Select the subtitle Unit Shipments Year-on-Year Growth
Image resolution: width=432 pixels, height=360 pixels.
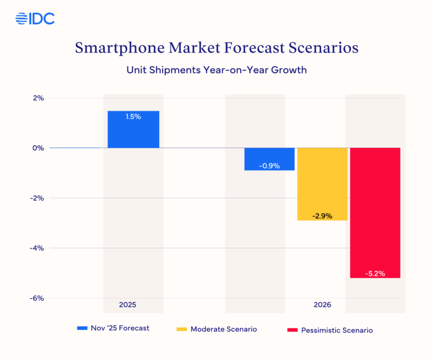tap(216, 70)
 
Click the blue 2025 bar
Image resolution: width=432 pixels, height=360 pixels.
tap(133, 129)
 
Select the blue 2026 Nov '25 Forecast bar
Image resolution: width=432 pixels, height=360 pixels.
tap(269, 159)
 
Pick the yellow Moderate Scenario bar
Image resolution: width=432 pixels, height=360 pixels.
tap(322, 184)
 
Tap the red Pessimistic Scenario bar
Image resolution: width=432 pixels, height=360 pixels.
tap(375, 212)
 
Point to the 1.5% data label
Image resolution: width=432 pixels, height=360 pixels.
tap(133, 116)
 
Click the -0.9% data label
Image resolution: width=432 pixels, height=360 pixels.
tap(269, 166)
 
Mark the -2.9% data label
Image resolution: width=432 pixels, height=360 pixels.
tap(322, 216)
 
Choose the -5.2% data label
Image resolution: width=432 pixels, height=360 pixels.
tap(375, 274)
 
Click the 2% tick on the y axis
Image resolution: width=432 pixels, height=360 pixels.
tap(38, 98)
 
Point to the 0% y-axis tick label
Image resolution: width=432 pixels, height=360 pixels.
tap(38, 148)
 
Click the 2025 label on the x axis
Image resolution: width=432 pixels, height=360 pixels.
tap(128, 305)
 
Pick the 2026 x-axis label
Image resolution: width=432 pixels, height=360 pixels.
tap(322, 305)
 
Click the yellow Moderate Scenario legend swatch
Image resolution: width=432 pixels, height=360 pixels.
tap(182, 329)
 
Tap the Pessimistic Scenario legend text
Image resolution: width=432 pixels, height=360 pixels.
tap(337, 330)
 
